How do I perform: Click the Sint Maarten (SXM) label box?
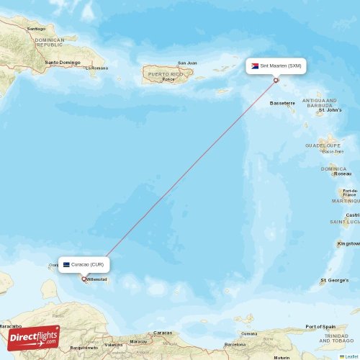(276, 66)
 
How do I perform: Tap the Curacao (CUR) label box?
(84, 264)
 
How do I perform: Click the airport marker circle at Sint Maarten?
(275, 81)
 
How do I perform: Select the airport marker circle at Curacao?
(84, 279)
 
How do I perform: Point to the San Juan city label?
(187, 63)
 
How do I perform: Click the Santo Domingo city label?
(63, 62)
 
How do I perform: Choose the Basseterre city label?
(282, 103)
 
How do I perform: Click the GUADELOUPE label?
(323, 145)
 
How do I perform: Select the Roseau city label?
(343, 174)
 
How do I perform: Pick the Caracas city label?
(163, 333)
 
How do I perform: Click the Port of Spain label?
(320, 327)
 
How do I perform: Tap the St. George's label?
(333, 279)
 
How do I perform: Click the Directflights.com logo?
(34, 338)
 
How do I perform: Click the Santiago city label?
(36, 29)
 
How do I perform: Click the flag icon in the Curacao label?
(66, 264)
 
